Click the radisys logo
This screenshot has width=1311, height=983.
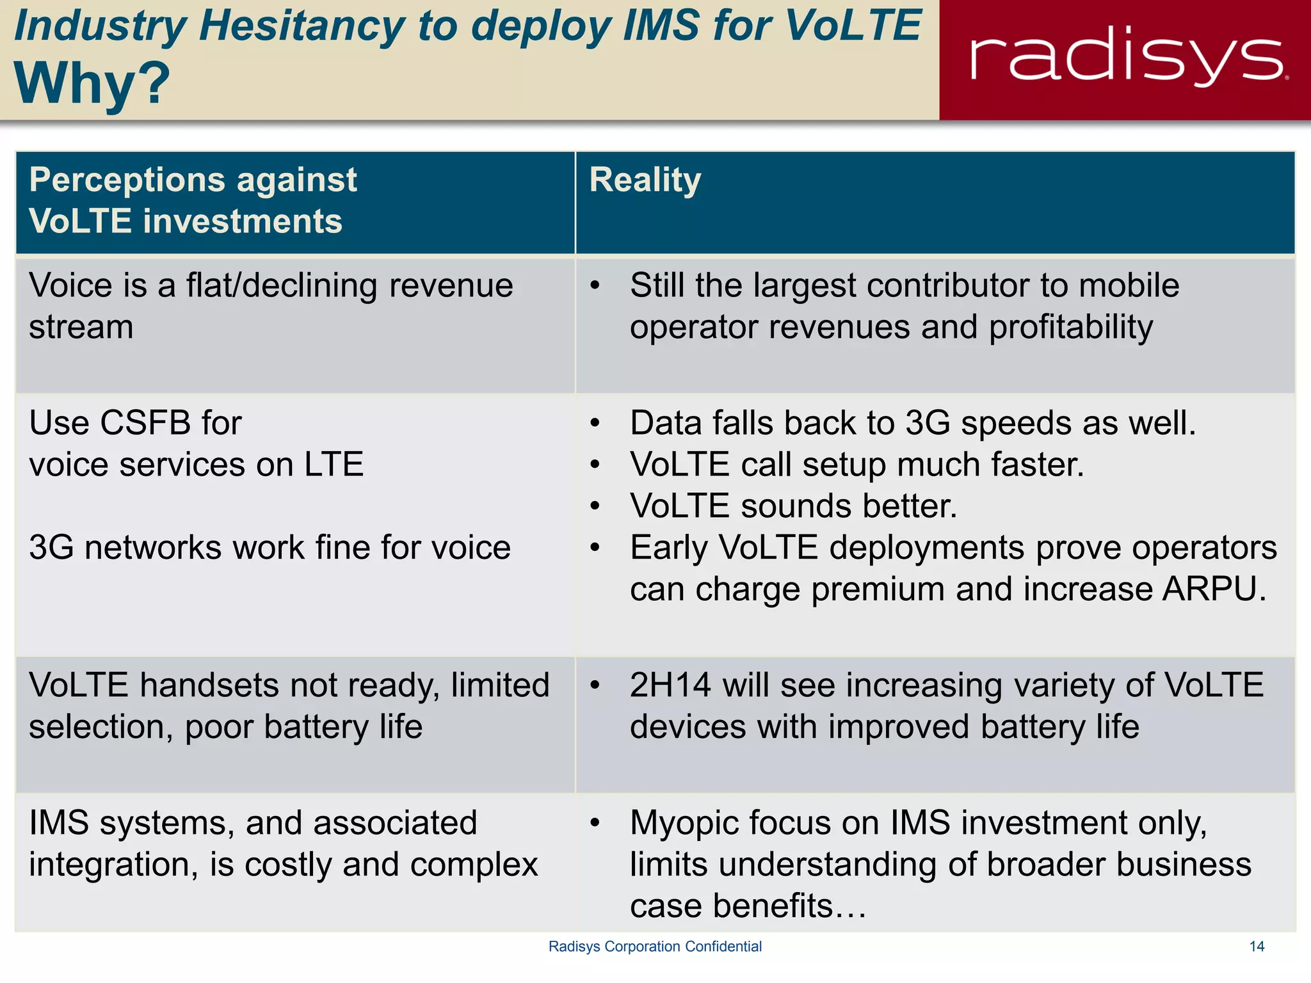coord(1127,58)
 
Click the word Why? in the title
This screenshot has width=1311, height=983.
coord(92,83)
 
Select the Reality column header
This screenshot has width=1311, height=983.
coord(645,180)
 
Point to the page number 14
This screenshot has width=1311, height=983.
coord(1257,947)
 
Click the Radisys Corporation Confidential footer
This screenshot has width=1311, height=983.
coord(655,947)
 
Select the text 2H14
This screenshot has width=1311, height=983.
coord(670,685)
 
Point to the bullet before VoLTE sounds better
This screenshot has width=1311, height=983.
coord(595,506)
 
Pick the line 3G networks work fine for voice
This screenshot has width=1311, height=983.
coord(269,548)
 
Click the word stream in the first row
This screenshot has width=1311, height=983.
coord(81,328)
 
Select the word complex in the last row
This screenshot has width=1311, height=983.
coord(474,865)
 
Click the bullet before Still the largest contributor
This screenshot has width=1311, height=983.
coord(595,285)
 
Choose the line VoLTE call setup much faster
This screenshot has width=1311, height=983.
coord(857,465)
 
